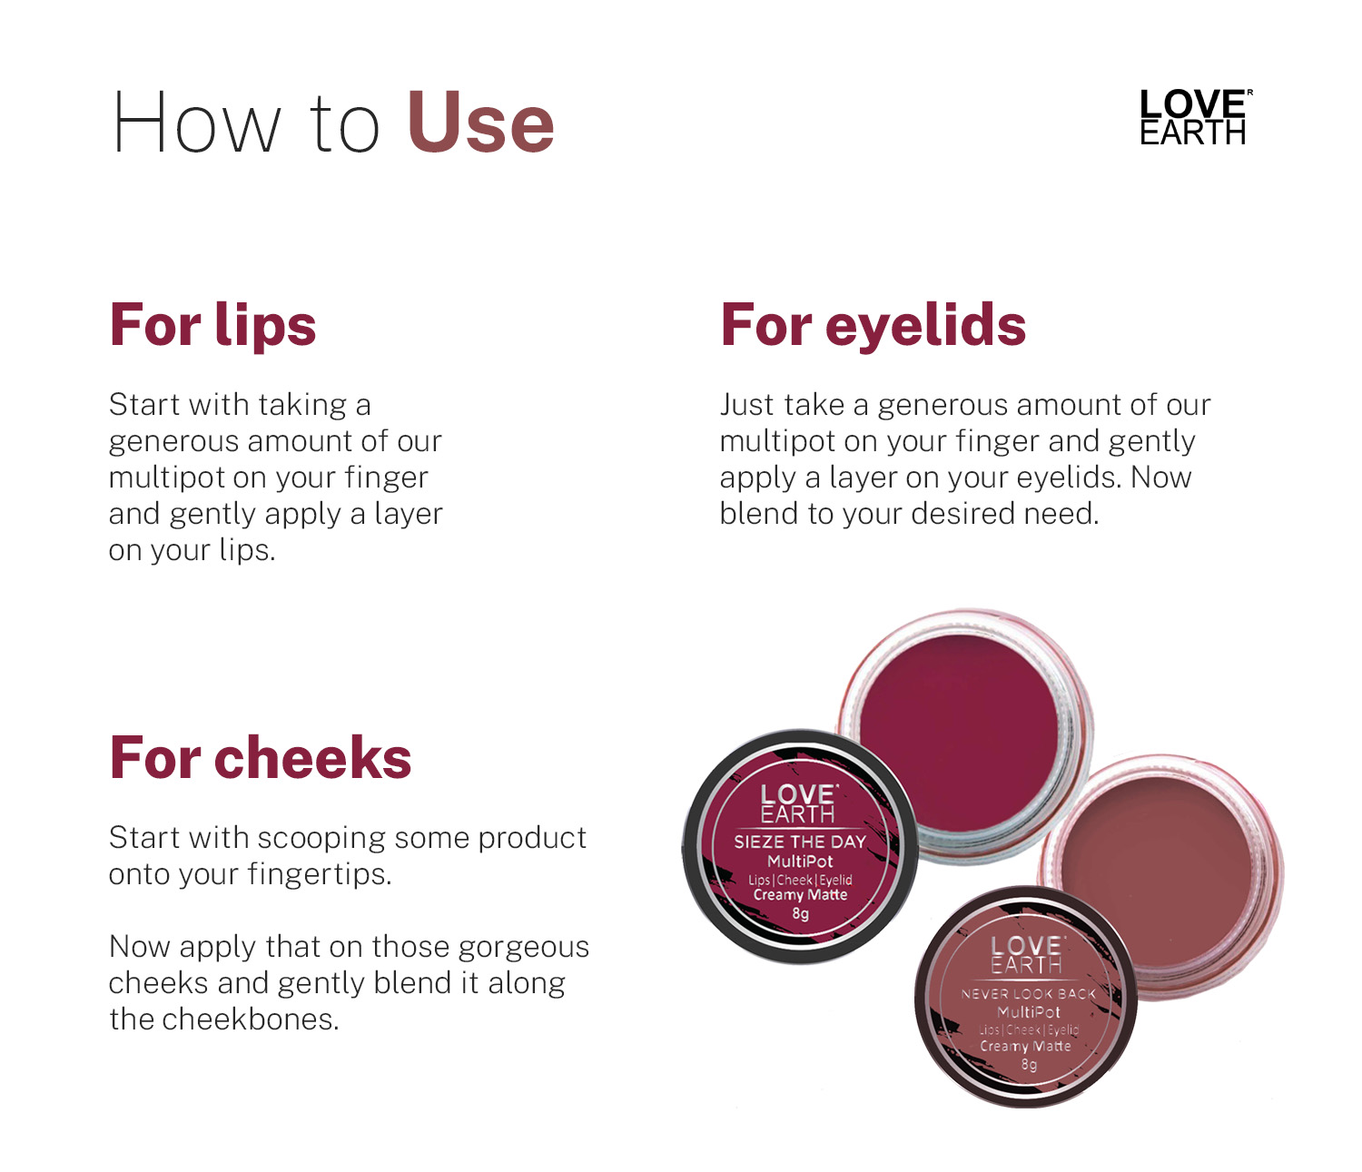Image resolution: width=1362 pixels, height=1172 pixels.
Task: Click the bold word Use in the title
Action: (481, 123)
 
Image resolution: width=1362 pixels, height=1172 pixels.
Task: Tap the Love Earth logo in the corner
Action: (1195, 116)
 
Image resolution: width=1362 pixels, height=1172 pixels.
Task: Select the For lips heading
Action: (212, 324)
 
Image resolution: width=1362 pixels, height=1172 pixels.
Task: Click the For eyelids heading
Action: (873, 324)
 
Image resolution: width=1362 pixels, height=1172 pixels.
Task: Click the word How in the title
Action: (197, 123)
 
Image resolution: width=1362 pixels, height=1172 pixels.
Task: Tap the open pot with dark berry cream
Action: (964, 734)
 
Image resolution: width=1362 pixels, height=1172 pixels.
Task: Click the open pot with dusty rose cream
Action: (1160, 876)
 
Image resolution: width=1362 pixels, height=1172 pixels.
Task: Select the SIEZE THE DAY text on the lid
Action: (800, 842)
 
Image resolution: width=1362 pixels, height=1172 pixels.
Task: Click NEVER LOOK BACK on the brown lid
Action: (1028, 993)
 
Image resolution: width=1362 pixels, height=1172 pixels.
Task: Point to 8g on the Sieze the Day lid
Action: (800, 913)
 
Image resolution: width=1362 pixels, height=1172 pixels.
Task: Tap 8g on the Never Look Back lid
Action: (1029, 1065)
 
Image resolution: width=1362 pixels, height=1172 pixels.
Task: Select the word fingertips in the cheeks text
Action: (320, 875)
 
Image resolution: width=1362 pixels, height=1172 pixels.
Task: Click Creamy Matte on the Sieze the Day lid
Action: (800, 894)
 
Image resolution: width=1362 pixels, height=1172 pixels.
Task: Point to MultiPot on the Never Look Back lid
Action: (1029, 1012)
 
